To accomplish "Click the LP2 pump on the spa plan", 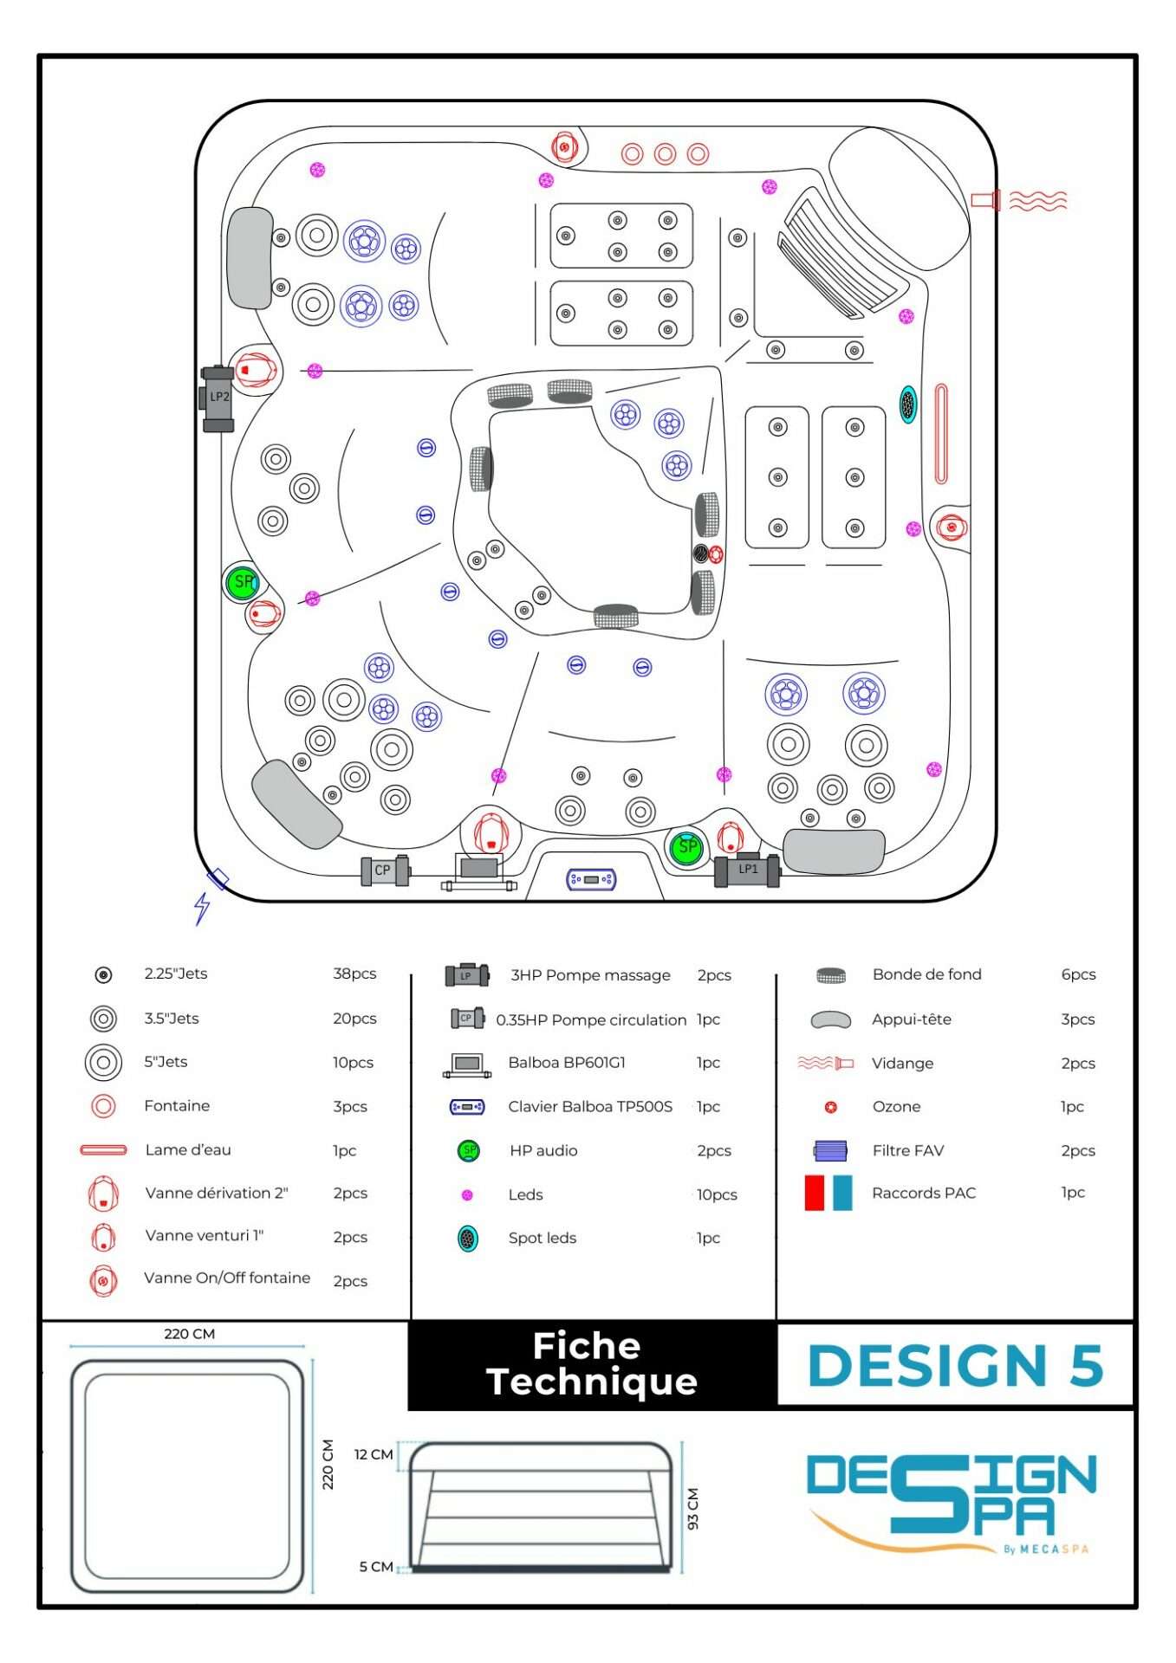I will click(218, 398).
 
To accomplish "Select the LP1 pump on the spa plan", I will click(747, 870).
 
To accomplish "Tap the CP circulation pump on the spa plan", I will click(384, 870).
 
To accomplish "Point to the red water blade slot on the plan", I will click(941, 433).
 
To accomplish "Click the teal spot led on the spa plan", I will click(907, 404).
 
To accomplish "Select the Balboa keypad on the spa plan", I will click(591, 879).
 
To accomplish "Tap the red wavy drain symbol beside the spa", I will click(1037, 201).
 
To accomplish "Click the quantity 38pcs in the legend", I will click(354, 974).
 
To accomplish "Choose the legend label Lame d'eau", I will click(188, 1150).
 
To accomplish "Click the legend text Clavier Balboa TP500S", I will click(590, 1106).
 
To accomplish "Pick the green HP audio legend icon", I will click(468, 1150).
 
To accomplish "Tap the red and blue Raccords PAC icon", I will click(828, 1193).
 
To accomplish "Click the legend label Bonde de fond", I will click(926, 974).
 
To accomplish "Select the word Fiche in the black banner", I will click(587, 1346).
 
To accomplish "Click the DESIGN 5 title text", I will click(955, 1366).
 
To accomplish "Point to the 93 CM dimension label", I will click(692, 1508).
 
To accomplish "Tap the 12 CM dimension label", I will click(374, 1454).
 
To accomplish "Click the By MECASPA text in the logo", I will click(1045, 1550).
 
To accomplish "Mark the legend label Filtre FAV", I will click(907, 1150).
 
